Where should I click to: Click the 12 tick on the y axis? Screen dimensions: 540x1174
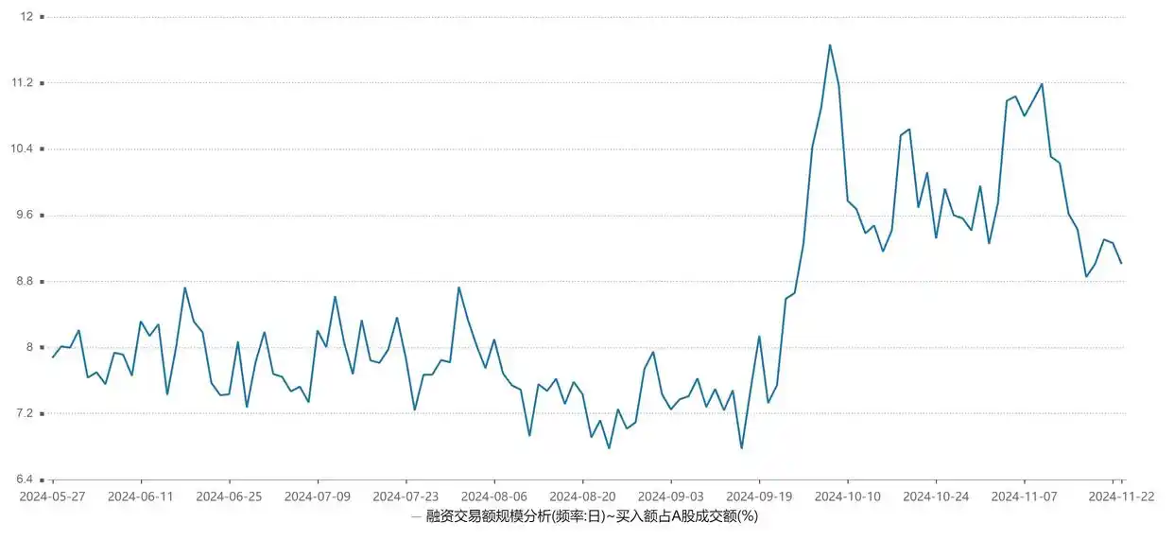pos(26,17)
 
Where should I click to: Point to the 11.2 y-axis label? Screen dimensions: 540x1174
pos(22,83)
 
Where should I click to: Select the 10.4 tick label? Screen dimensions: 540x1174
pos(22,149)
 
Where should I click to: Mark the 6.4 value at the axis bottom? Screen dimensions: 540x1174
pos(25,480)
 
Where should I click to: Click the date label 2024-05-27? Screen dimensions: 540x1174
pos(53,496)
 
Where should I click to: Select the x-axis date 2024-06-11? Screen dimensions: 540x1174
pos(141,496)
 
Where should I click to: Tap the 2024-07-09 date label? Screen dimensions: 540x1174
pos(318,496)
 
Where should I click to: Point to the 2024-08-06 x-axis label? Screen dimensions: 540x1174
pos(493,496)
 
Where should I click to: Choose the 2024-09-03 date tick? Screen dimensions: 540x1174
pos(670,496)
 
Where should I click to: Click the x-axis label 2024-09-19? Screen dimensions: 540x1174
pos(759,496)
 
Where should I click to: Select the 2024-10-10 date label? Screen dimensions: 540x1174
pos(848,496)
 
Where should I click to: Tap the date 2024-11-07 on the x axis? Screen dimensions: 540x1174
pos(1025,496)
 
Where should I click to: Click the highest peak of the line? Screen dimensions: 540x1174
pos(830,44)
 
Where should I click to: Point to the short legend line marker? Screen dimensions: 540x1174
pos(417,516)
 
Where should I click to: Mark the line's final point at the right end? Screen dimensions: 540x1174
pos(1121,263)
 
